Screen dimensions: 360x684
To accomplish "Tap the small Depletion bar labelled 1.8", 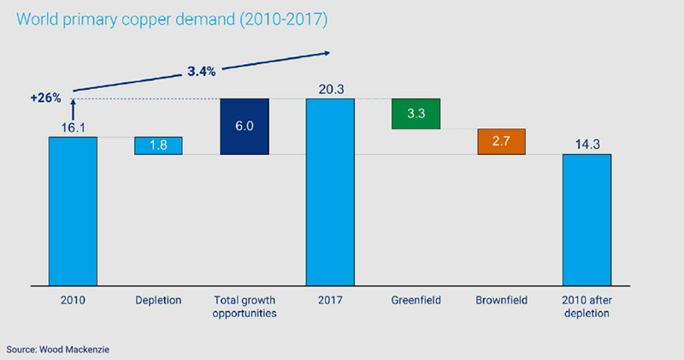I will point(158,146).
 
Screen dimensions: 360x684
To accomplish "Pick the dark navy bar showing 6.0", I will point(245,127).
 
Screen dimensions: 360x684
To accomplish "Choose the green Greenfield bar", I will point(416,114).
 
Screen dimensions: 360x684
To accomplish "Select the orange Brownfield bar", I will point(501,142).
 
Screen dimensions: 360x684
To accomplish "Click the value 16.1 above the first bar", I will point(73,127).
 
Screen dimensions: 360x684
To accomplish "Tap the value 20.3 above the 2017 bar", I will point(330,87).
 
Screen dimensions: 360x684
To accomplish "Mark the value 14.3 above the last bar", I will point(587,144).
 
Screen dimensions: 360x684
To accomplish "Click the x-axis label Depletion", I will point(158,300).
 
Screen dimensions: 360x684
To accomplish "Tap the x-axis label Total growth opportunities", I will point(245,306).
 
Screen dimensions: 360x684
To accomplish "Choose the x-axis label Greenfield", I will point(416,300).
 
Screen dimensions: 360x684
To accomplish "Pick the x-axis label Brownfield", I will point(501,300).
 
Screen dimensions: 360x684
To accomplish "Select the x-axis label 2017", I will point(330,300).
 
